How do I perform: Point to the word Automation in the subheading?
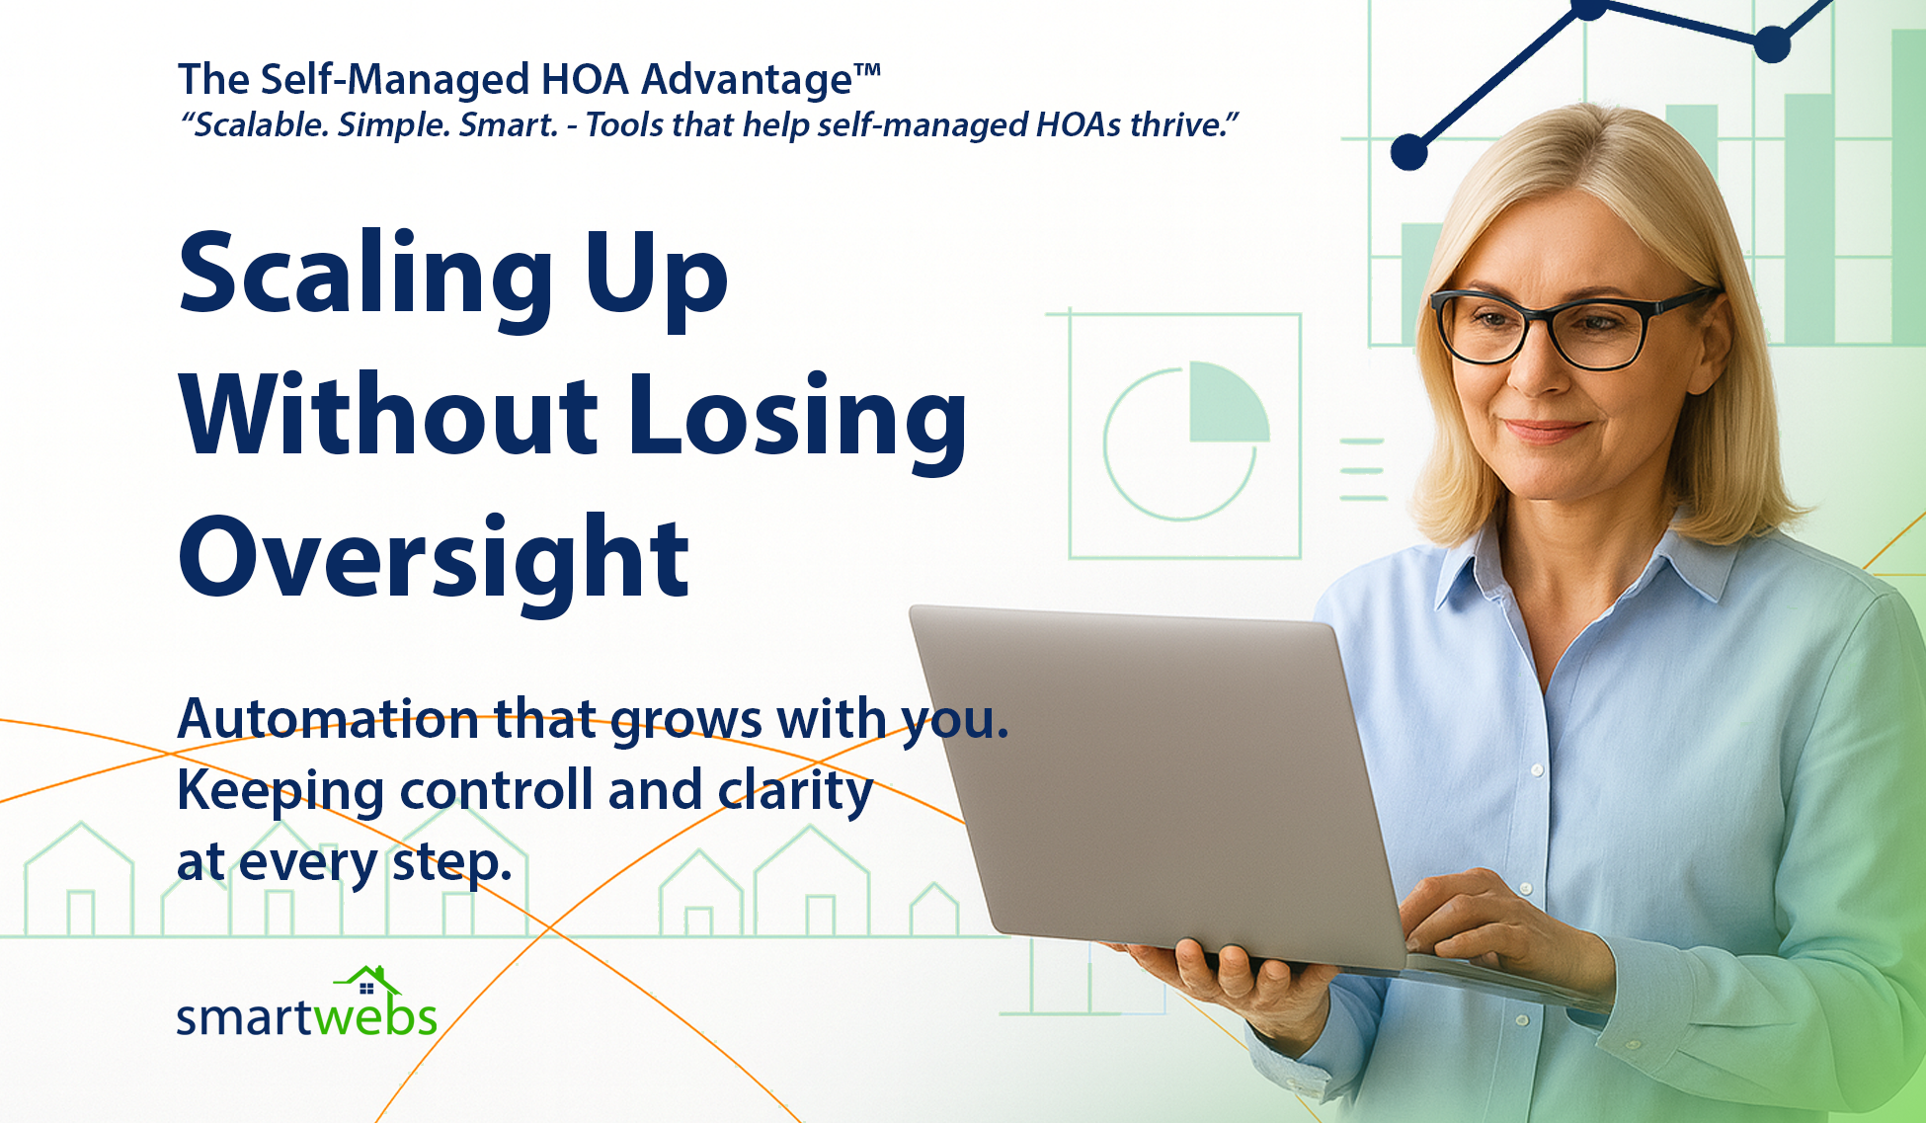326,719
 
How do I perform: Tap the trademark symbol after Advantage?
867,71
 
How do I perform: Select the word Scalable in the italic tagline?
259,125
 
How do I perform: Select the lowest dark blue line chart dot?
1409,152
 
